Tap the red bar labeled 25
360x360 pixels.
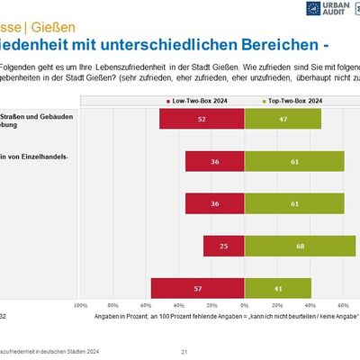click(x=223, y=246)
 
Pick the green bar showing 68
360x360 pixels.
click(x=301, y=246)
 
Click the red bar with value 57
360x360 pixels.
click(x=197, y=288)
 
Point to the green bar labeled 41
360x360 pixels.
click(x=277, y=288)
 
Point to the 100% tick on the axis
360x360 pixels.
click(x=80, y=305)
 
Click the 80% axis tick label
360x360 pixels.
click(x=113, y=305)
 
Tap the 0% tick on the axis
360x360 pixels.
click(x=244, y=305)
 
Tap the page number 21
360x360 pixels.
click(x=184, y=351)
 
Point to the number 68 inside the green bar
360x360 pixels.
click(x=301, y=246)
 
